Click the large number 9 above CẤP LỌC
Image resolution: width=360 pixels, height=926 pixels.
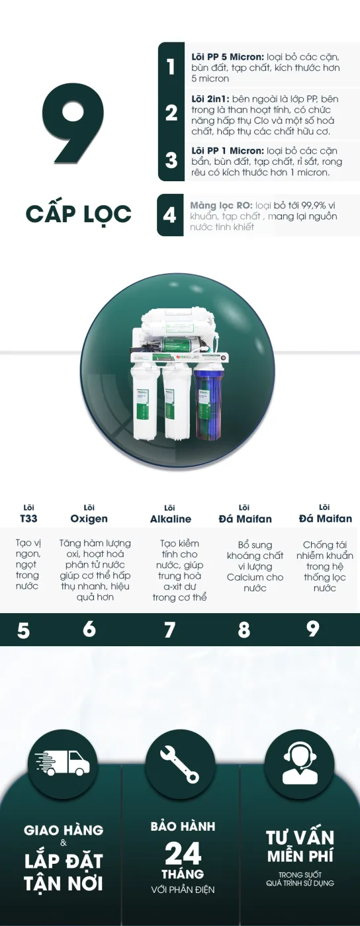[73, 122]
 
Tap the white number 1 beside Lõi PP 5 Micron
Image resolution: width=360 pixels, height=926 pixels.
[171, 67]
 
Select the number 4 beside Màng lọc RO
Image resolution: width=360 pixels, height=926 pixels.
[169, 215]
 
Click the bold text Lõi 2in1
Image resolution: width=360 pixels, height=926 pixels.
[210, 99]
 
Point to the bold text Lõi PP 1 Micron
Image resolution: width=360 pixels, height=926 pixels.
[227, 151]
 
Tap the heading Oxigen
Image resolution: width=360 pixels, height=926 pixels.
[89, 519]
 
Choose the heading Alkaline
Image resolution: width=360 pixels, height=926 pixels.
[171, 519]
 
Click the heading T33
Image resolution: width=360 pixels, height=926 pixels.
[28, 519]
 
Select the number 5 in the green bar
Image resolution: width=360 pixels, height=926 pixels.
[24, 631]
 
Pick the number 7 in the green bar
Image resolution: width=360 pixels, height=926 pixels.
[169, 630]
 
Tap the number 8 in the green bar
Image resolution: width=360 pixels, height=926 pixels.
[244, 630]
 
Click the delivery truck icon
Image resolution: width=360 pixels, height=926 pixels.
[62, 763]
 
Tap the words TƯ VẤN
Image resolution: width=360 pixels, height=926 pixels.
[300, 838]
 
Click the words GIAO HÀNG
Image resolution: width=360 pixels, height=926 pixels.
[64, 830]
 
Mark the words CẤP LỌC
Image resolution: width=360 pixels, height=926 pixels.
[79, 214]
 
